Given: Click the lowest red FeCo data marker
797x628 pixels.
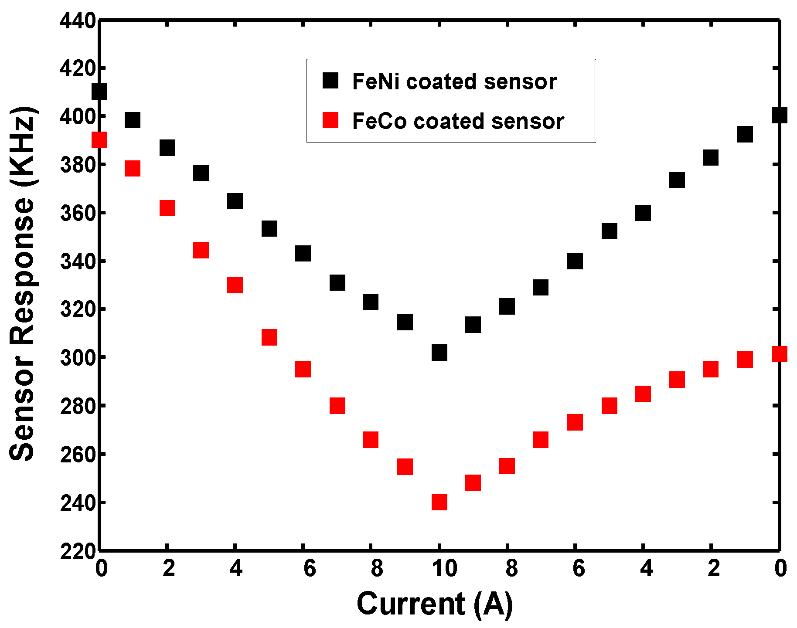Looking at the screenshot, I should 439,502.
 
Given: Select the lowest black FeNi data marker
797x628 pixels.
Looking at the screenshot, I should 439,352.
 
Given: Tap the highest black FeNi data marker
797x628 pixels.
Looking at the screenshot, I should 100,92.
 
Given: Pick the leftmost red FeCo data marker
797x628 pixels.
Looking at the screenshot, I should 100,140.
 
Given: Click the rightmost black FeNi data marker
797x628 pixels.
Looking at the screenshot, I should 779,115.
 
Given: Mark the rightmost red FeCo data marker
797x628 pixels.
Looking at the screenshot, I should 779,354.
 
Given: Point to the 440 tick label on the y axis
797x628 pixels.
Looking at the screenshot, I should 78,21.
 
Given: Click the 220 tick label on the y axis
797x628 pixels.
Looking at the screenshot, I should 78,551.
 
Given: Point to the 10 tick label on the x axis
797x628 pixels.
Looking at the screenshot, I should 444,568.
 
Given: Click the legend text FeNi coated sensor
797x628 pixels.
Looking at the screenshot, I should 454,81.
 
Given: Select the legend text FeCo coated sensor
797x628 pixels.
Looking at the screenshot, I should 458,121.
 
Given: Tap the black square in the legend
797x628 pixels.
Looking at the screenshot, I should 330,81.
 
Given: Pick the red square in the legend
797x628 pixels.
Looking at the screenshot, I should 330,120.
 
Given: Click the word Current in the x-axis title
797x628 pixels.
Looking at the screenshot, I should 411,604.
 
